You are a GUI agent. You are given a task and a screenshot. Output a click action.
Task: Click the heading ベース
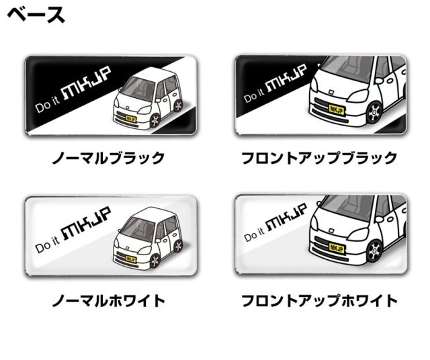coord(36,15)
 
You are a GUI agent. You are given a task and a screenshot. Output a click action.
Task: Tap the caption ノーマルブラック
coord(109,159)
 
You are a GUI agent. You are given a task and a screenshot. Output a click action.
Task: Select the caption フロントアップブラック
coord(319,159)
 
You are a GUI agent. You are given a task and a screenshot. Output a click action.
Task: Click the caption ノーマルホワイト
coord(109,300)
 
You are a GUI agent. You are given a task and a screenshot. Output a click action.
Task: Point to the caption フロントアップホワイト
coord(319,300)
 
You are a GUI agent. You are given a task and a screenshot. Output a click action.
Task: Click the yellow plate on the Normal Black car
coord(131,119)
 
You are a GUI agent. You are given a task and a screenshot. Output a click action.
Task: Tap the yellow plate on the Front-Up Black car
coord(337,110)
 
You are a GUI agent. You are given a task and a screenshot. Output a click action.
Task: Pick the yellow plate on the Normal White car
coord(131,259)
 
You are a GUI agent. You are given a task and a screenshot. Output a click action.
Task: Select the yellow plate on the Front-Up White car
coord(337,249)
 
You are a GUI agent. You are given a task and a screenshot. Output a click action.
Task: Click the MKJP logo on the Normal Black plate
coord(87,83)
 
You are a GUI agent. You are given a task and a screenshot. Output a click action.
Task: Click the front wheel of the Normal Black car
coord(155,121)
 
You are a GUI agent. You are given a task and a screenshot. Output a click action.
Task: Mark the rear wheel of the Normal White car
coord(178,246)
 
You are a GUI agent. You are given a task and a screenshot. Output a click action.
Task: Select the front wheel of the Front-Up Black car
coord(374,112)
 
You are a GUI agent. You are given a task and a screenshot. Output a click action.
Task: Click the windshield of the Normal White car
coord(137,228)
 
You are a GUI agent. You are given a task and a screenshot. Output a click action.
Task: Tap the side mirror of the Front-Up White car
coord(379,219)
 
